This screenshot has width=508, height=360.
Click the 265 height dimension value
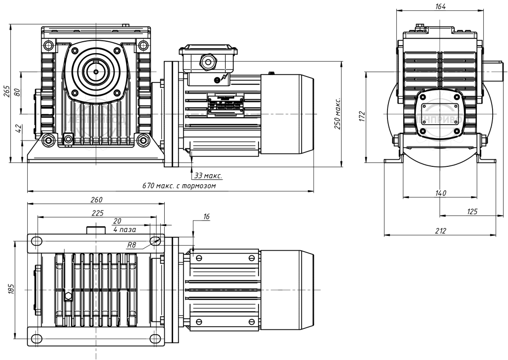[x=7, y=92]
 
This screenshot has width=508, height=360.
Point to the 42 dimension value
[x=18, y=128]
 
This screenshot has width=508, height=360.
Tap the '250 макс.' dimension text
[x=337, y=114]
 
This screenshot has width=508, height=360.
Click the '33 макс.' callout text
[x=207, y=176]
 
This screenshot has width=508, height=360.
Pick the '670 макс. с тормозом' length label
[x=180, y=186]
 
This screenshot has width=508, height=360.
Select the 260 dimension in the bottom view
[x=96, y=200]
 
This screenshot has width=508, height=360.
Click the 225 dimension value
[x=98, y=213]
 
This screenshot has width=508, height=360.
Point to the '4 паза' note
[x=125, y=230]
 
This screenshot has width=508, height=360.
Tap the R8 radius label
[x=131, y=245]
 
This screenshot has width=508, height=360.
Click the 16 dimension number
[x=206, y=217]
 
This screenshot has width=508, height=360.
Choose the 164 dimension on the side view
[x=441, y=6]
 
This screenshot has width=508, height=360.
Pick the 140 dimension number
[x=441, y=193]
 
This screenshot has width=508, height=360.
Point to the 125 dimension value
[x=471, y=212]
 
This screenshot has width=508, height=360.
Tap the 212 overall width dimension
[x=441, y=230]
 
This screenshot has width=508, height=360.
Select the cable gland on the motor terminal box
[x=207, y=62]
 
